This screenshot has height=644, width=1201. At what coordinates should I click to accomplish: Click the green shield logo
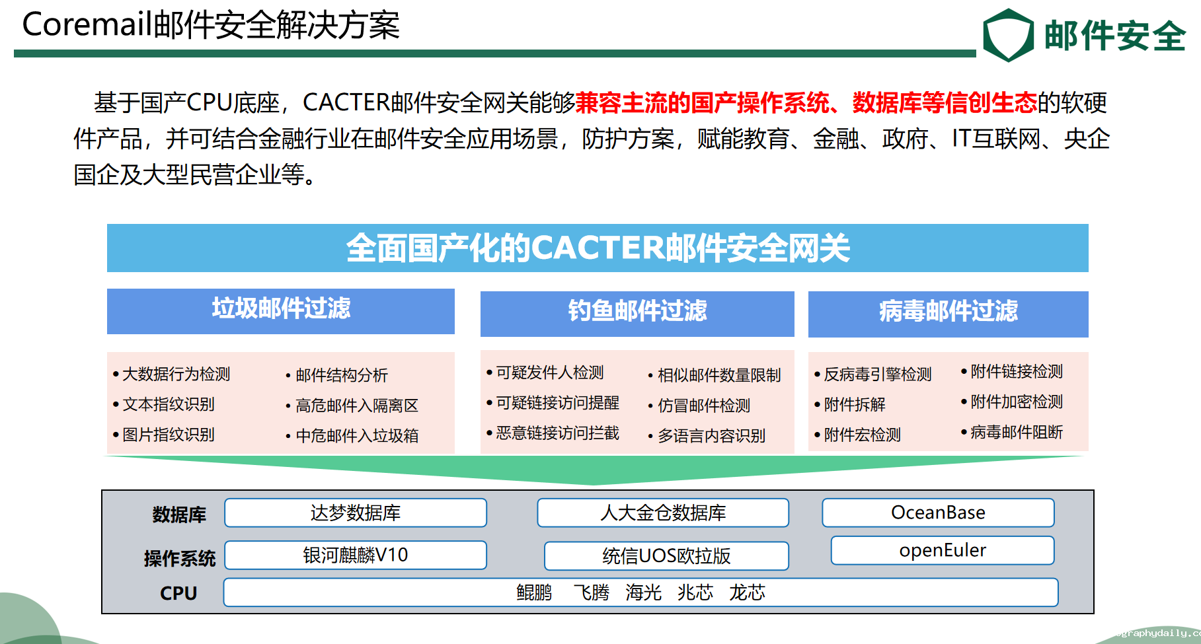tap(1008, 35)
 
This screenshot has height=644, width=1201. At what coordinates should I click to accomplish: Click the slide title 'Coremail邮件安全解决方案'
tap(211, 25)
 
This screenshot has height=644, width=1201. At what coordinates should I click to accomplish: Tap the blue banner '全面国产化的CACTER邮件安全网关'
tap(598, 248)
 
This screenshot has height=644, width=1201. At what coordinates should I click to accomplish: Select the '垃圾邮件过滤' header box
tap(281, 311)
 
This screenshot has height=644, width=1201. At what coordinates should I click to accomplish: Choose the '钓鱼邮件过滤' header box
tap(637, 314)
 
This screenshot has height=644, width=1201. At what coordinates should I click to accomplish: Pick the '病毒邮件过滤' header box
tap(949, 314)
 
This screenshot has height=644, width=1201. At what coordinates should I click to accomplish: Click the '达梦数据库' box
tap(356, 513)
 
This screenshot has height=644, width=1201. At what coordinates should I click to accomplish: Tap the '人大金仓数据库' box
tap(663, 513)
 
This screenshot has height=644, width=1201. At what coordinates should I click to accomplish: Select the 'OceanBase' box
tap(938, 513)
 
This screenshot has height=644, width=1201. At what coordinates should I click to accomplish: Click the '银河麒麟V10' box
tap(356, 555)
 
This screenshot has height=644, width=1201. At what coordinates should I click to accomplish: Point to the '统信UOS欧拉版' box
tap(666, 555)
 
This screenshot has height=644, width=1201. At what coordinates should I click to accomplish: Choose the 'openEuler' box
tap(943, 550)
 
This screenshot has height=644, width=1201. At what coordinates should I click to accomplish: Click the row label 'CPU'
tap(178, 593)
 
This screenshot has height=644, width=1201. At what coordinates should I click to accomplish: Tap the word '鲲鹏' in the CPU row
tap(534, 592)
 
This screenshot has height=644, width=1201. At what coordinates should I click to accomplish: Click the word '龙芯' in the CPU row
tap(747, 592)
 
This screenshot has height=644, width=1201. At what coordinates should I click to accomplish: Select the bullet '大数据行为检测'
tap(171, 374)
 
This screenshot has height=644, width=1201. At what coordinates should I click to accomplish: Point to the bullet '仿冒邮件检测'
tap(699, 406)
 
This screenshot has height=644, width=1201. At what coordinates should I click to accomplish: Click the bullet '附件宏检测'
tap(857, 435)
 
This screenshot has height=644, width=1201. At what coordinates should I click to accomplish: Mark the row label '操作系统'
tap(180, 559)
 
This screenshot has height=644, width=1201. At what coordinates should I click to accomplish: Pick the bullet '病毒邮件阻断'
tap(1012, 432)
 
